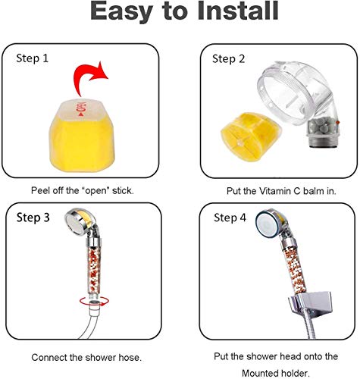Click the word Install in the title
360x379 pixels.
238,11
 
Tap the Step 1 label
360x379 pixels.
32,58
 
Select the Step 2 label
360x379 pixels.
228,59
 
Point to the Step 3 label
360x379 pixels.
33,218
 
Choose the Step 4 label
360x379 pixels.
230,218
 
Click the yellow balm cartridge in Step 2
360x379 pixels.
250,136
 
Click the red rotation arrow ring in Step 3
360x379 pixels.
94,301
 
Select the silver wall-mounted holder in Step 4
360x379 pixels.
310,305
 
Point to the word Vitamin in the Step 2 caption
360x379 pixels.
275,191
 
